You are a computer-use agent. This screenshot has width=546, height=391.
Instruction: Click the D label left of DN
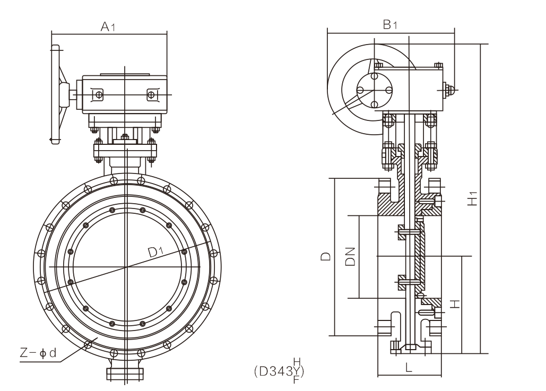325,257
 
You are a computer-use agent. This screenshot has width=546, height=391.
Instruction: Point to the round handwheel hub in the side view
375,91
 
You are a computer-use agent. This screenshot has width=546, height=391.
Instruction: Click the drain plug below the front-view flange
126,372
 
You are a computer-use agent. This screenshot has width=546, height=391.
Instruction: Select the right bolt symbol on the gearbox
152,94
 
